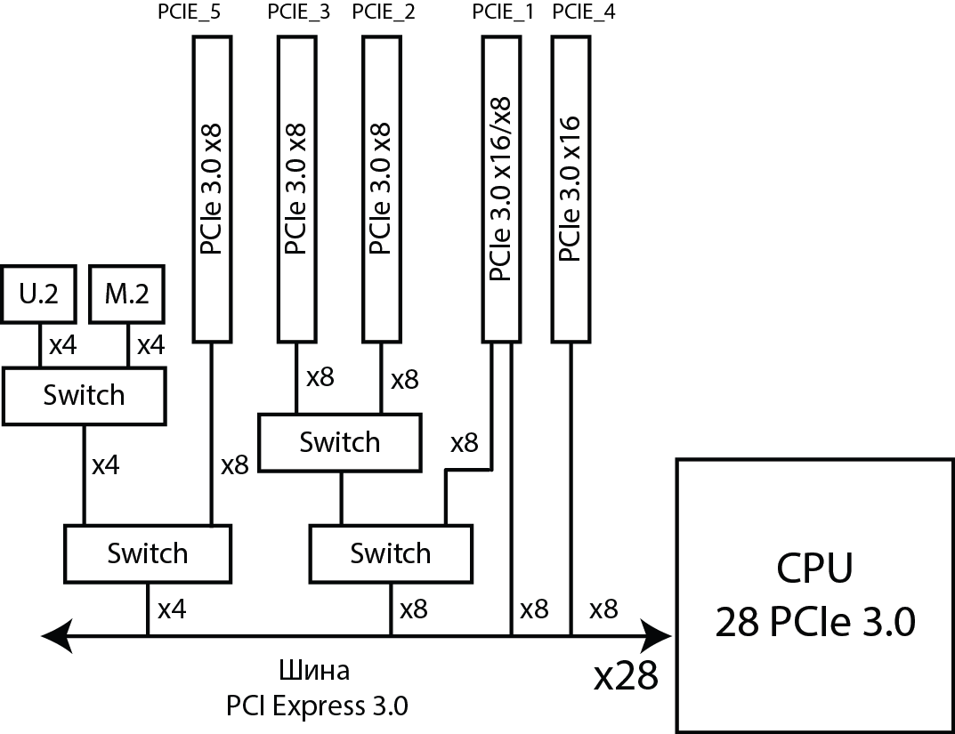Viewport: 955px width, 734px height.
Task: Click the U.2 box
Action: (x=38, y=294)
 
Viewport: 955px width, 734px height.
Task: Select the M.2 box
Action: (x=127, y=294)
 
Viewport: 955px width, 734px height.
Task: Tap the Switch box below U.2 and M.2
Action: (x=84, y=395)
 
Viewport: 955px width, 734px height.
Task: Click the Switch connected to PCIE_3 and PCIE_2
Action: (x=339, y=441)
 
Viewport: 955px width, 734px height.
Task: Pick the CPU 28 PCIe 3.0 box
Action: (x=814, y=595)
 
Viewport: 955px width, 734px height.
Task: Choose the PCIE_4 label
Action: (x=584, y=12)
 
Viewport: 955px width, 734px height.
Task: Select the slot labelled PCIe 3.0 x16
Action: (x=572, y=189)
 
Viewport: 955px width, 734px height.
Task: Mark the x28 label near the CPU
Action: (x=626, y=677)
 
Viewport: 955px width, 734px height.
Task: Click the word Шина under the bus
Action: (x=315, y=670)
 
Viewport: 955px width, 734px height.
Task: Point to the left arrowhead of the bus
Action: (x=55, y=635)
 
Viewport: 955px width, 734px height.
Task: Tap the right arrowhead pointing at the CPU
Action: (x=660, y=635)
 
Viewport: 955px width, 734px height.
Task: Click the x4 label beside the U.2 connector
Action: (x=62, y=345)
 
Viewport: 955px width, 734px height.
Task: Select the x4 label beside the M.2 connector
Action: (x=150, y=345)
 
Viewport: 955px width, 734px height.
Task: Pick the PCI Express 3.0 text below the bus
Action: (x=317, y=706)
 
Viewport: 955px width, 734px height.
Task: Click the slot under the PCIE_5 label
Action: (x=213, y=189)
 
